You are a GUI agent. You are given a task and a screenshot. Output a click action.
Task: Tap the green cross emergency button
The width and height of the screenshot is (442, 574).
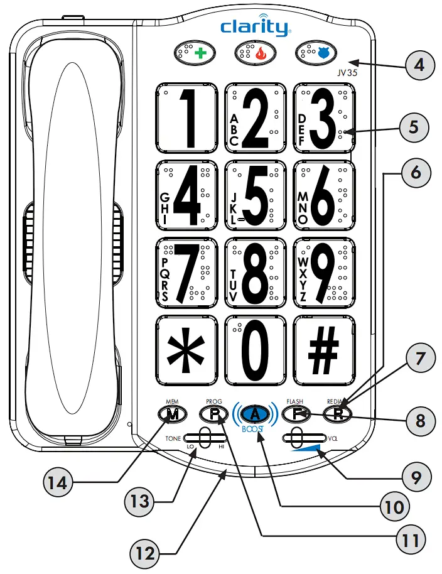coord(194,54)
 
